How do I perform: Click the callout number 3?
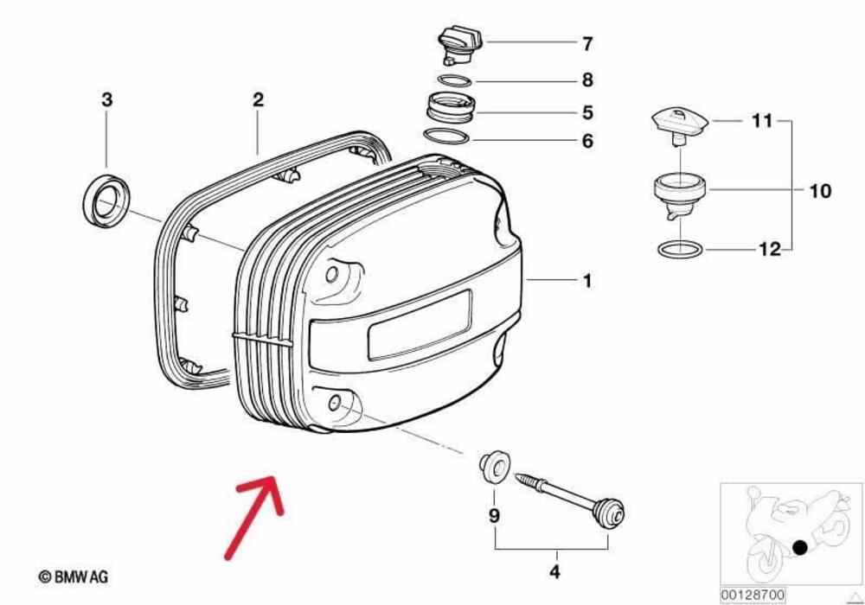tap(106, 100)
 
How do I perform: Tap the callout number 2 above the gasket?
tap(258, 100)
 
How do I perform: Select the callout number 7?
tap(587, 42)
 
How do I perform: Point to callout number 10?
tap(820, 190)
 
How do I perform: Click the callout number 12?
tap(769, 250)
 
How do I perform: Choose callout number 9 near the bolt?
tap(495, 516)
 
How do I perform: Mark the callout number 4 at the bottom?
tap(554, 572)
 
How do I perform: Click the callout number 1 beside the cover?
tap(587, 281)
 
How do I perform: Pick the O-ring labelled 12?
tap(681, 250)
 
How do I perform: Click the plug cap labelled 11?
tap(680, 124)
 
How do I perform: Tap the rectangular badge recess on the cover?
tap(420, 324)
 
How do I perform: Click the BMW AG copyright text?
tap(74, 576)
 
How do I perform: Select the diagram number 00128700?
tap(753, 596)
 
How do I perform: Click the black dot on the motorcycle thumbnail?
tap(801, 547)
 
